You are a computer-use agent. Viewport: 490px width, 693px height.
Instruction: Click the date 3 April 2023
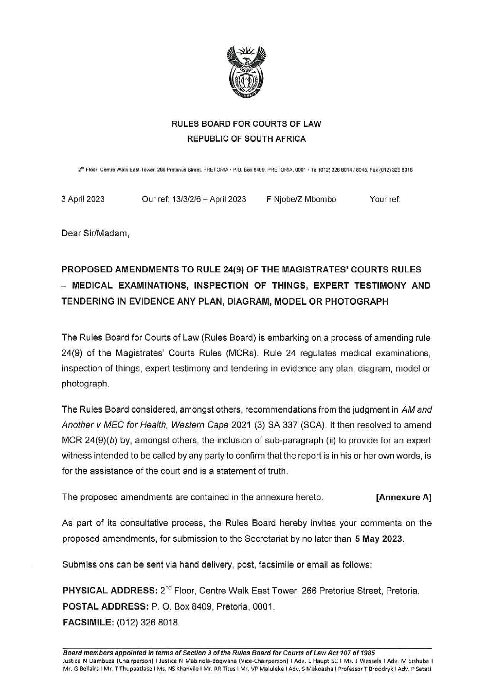[x=83, y=200]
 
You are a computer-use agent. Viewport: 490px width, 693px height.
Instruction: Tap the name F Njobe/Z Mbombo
[x=301, y=200]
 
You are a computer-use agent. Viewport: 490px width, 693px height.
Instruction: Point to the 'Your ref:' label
[x=385, y=200]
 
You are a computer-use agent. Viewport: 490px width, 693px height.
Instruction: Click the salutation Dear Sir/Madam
[x=96, y=234]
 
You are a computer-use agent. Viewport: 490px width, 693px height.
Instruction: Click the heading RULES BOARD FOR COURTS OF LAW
[x=246, y=124]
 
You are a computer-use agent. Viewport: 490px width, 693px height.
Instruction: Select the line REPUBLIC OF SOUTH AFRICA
[x=246, y=139]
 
